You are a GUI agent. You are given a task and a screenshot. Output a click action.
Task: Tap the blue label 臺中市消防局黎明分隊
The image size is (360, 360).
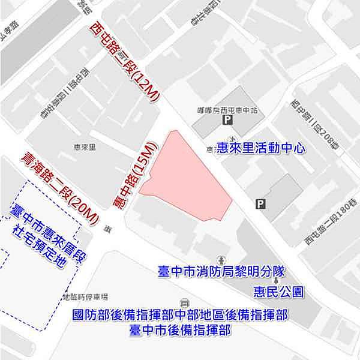(x=220, y=272)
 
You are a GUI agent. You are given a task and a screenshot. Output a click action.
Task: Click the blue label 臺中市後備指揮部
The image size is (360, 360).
(x=180, y=330)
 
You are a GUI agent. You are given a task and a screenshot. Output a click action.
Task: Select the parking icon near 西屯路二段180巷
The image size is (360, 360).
(x=260, y=203)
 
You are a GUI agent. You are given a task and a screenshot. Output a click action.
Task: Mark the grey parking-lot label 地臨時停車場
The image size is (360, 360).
(x=85, y=296)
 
